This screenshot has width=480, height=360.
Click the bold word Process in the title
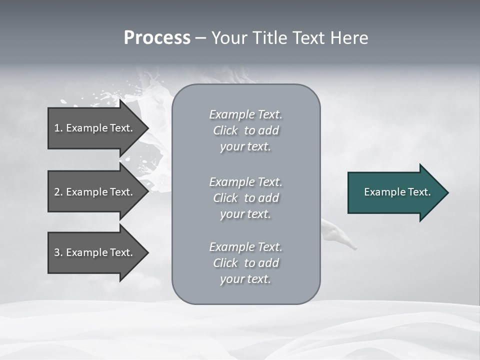[157, 38]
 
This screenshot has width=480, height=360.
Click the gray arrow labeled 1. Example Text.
[95, 128]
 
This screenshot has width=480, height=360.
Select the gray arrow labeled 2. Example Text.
[95, 192]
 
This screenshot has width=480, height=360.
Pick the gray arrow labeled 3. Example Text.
[95, 252]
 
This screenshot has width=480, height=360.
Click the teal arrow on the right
[395, 192]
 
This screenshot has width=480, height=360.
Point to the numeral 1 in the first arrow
[57, 128]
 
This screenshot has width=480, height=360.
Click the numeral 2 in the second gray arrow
[57, 192]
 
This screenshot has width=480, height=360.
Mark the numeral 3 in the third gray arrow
[57, 252]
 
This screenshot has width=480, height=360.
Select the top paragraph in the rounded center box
[245, 130]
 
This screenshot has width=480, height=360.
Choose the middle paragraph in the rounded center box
[245, 198]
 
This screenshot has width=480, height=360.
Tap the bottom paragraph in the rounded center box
[245, 263]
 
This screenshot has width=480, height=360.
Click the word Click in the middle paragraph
[225, 198]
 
